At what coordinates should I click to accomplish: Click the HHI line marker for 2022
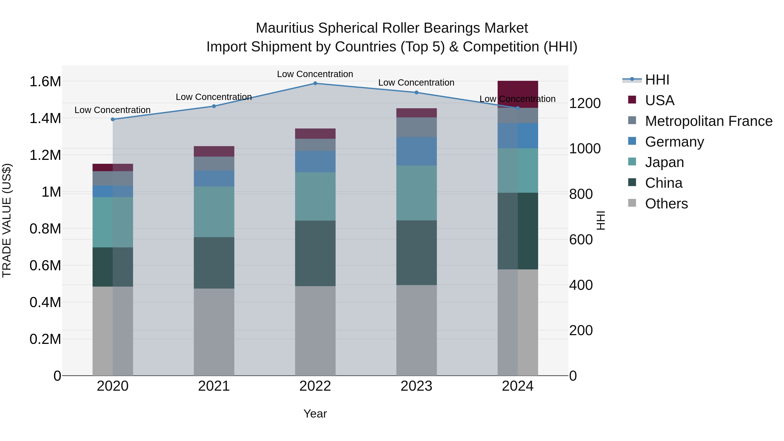(315, 83)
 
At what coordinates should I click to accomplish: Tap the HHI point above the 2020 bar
(113, 119)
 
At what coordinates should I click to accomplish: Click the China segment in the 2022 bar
(315, 253)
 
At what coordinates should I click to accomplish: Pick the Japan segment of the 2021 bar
(214, 212)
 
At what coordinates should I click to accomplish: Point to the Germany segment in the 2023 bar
(416, 151)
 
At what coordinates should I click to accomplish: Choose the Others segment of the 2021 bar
(214, 332)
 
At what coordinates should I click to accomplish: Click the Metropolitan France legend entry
(708, 121)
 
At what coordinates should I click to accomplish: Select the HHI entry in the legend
(657, 80)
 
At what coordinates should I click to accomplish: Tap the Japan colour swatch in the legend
(632, 162)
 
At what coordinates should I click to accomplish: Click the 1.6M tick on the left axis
(45, 82)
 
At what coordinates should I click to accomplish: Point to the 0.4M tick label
(45, 302)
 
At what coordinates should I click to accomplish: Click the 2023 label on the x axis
(416, 386)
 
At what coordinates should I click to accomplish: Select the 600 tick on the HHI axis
(581, 240)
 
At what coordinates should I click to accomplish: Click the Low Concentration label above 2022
(315, 74)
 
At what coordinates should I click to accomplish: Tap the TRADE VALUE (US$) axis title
(7, 220)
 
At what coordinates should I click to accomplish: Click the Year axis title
(315, 414)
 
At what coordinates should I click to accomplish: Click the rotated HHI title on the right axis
(600, 220)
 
